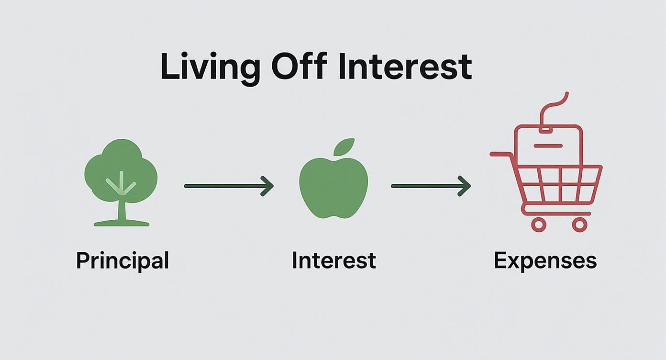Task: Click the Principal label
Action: click(122, 261)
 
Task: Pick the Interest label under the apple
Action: click(333, 260)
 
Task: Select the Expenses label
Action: click(545, 261)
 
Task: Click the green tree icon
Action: click(121, 170)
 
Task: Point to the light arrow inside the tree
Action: click(121, 184)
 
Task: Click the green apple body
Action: click(333, 189)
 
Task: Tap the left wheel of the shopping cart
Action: click(538, 224)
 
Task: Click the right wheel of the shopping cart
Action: click(579, 224)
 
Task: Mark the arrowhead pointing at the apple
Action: click(268, 186)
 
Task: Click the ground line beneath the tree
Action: click(121, 223)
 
